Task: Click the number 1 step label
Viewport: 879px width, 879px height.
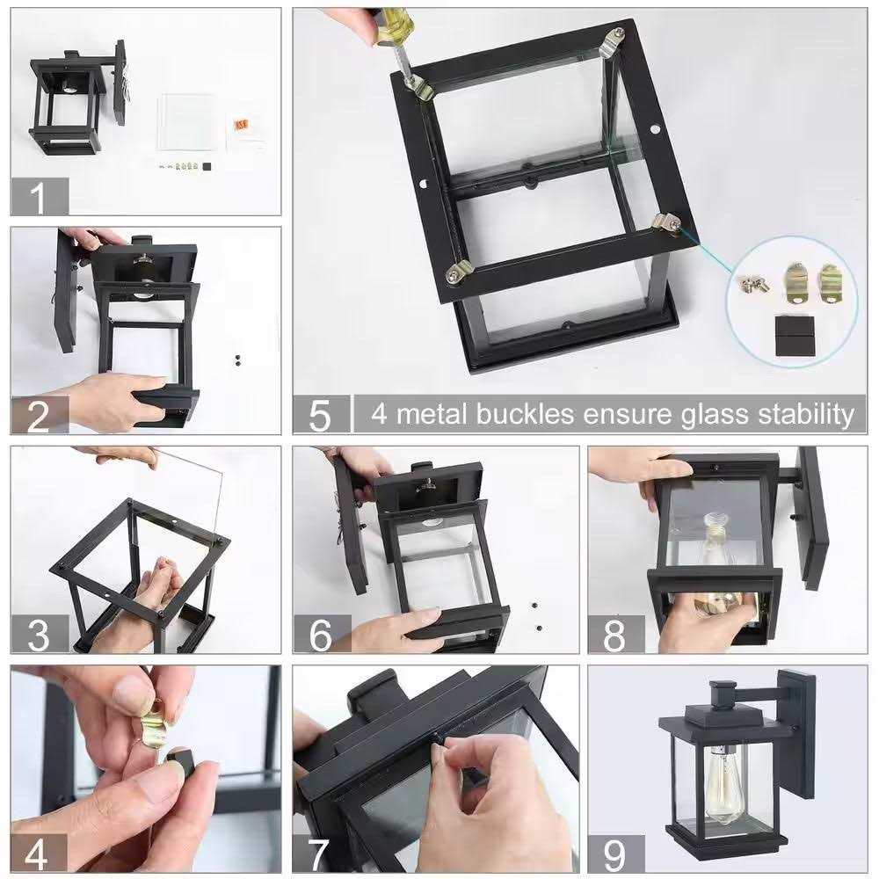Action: coord(39,197)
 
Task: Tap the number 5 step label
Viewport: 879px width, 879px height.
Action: coord(321,414)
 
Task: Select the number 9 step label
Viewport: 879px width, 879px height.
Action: coord(615,854)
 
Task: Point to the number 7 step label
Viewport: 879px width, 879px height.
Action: coord(321,854)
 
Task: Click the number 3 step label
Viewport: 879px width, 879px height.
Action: coord(39,635)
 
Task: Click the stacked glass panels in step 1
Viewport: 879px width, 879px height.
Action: coord(187,123)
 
